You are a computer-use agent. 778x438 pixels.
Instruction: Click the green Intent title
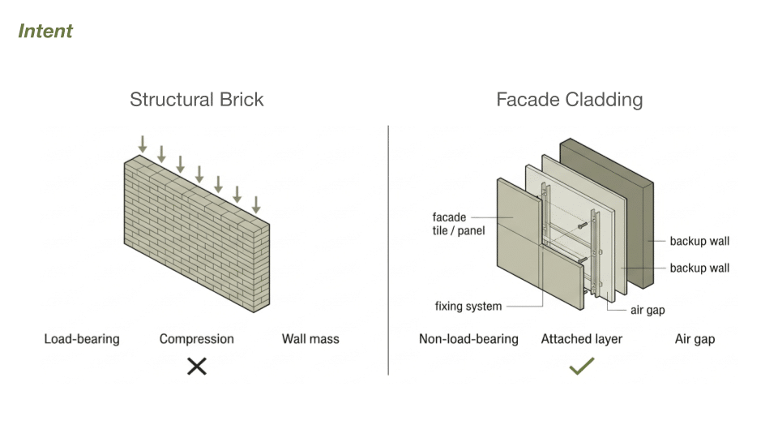point(45,31)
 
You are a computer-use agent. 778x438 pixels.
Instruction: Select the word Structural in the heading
point(167,100)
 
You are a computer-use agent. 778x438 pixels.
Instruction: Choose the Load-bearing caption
point(81,338)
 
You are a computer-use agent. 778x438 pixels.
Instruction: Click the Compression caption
point(196,338)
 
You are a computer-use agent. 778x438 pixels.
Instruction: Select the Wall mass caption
point(310,338)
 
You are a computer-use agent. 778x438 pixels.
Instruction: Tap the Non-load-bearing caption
point(468,338)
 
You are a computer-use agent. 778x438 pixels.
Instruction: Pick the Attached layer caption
point(582,338)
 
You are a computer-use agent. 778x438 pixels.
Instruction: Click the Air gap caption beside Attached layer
point(695,338)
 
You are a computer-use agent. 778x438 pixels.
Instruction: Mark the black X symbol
point(196,367)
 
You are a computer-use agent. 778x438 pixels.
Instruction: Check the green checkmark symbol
point(582,367)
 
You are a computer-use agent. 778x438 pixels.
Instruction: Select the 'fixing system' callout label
point(468,307)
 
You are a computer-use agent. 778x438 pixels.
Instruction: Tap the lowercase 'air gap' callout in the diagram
point(648,310)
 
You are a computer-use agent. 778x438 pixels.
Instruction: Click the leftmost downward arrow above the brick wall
point(143,145)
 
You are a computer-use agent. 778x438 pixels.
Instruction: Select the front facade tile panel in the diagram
point(519,235)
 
